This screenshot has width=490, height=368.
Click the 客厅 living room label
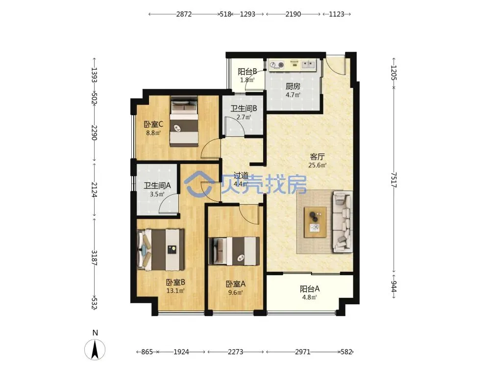click(317, 157)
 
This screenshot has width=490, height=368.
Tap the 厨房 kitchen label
click(293, 86)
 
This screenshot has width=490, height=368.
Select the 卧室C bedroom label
click(153, 124)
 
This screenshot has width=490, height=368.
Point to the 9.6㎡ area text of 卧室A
click(235, 293)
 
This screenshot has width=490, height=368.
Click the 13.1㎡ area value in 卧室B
click(175, 291)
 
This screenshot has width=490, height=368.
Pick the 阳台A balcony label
click(309, 289)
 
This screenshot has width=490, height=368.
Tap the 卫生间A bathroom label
click(157, 185)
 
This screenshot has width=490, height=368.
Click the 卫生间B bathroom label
click(244, 108)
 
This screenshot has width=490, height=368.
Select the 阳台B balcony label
click(247, 72)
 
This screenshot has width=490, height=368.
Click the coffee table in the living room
click(315, 222)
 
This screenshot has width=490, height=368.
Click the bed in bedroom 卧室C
click(184, 121)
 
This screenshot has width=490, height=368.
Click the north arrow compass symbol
click(95, 349)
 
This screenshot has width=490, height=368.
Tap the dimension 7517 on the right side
click(394, 180)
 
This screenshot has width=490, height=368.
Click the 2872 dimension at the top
click(184, 14)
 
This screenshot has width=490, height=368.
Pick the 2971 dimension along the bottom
click(303, 352)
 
